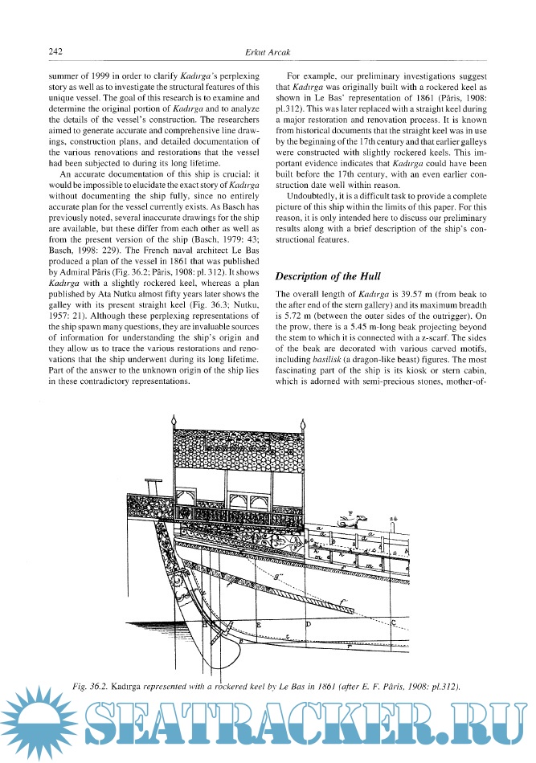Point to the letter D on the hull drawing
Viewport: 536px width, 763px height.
309,622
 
